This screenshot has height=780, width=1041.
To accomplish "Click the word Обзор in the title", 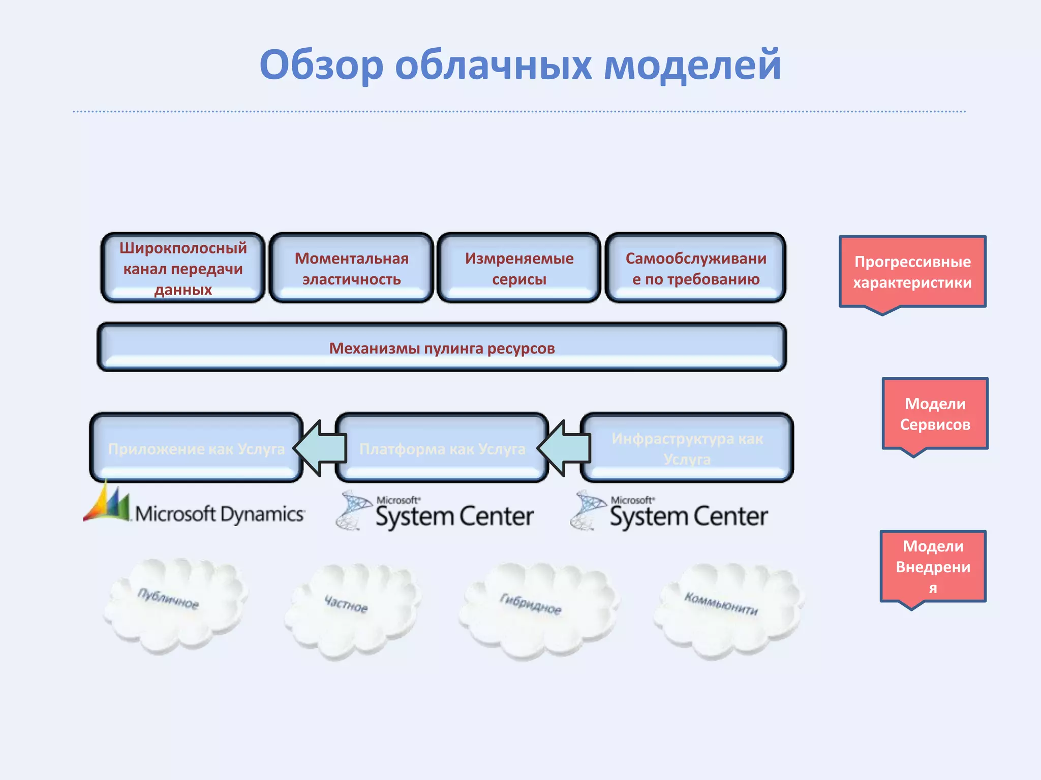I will [x=321, y=65].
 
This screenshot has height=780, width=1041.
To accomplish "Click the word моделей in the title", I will [x=692, y=65].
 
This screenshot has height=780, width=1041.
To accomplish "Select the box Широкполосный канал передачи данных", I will [x=183, y=268].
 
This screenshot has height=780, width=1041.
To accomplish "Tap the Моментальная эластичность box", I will [x=351, y=268].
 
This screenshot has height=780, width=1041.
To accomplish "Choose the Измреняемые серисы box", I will [x=519, y=268].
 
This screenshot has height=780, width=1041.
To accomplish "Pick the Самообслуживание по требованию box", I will [x=695, y=268].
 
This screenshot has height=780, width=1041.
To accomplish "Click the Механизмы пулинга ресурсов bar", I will [x=442, y=347].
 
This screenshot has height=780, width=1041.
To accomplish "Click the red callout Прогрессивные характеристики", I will [x=912, y=272].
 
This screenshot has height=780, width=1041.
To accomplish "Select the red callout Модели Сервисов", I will [x=935, y=413].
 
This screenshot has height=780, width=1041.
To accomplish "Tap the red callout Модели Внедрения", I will [x=933, y=566].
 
